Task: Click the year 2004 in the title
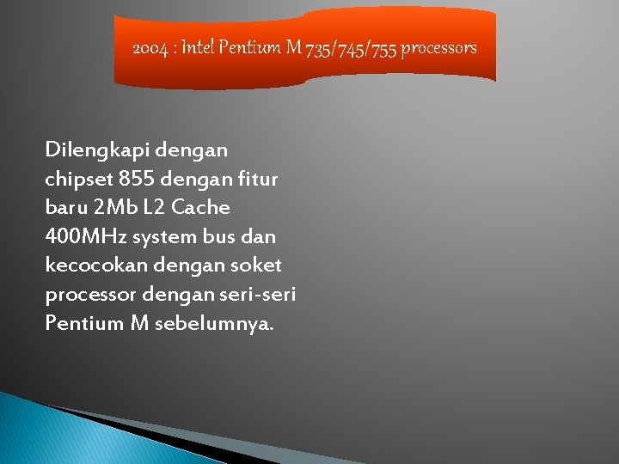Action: tap(151, 48)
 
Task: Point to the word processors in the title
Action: tap(438, 48)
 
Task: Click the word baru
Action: tap(65, 208)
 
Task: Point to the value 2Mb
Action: tap(117, 208)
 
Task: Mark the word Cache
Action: tap(202, 208)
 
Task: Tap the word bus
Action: tap(226, 236)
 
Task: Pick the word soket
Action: tap(259, 266)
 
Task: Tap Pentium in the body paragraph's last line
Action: tap(82, 324)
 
